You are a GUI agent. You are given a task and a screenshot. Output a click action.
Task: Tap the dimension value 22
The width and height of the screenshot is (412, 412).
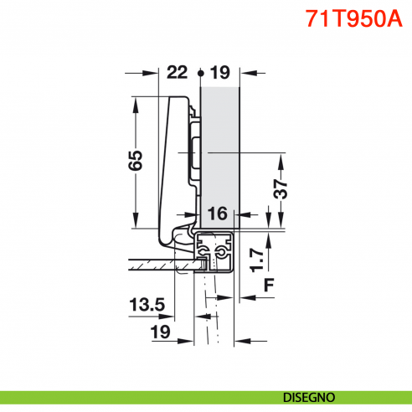[x=178, y=73]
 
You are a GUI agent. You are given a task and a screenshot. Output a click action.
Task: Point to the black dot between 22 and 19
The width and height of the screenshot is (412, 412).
[x=200, y=74]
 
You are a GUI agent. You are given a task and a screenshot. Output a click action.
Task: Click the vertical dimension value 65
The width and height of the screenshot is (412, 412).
[x=136, y=159]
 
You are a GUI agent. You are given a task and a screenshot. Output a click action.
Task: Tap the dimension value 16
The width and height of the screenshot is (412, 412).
[x=217, y=214]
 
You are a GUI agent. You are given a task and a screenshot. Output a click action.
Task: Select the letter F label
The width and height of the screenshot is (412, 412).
[x=268, y=285]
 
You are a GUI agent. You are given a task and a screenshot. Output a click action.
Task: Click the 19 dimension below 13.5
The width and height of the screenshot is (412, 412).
[x=159, y=332]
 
